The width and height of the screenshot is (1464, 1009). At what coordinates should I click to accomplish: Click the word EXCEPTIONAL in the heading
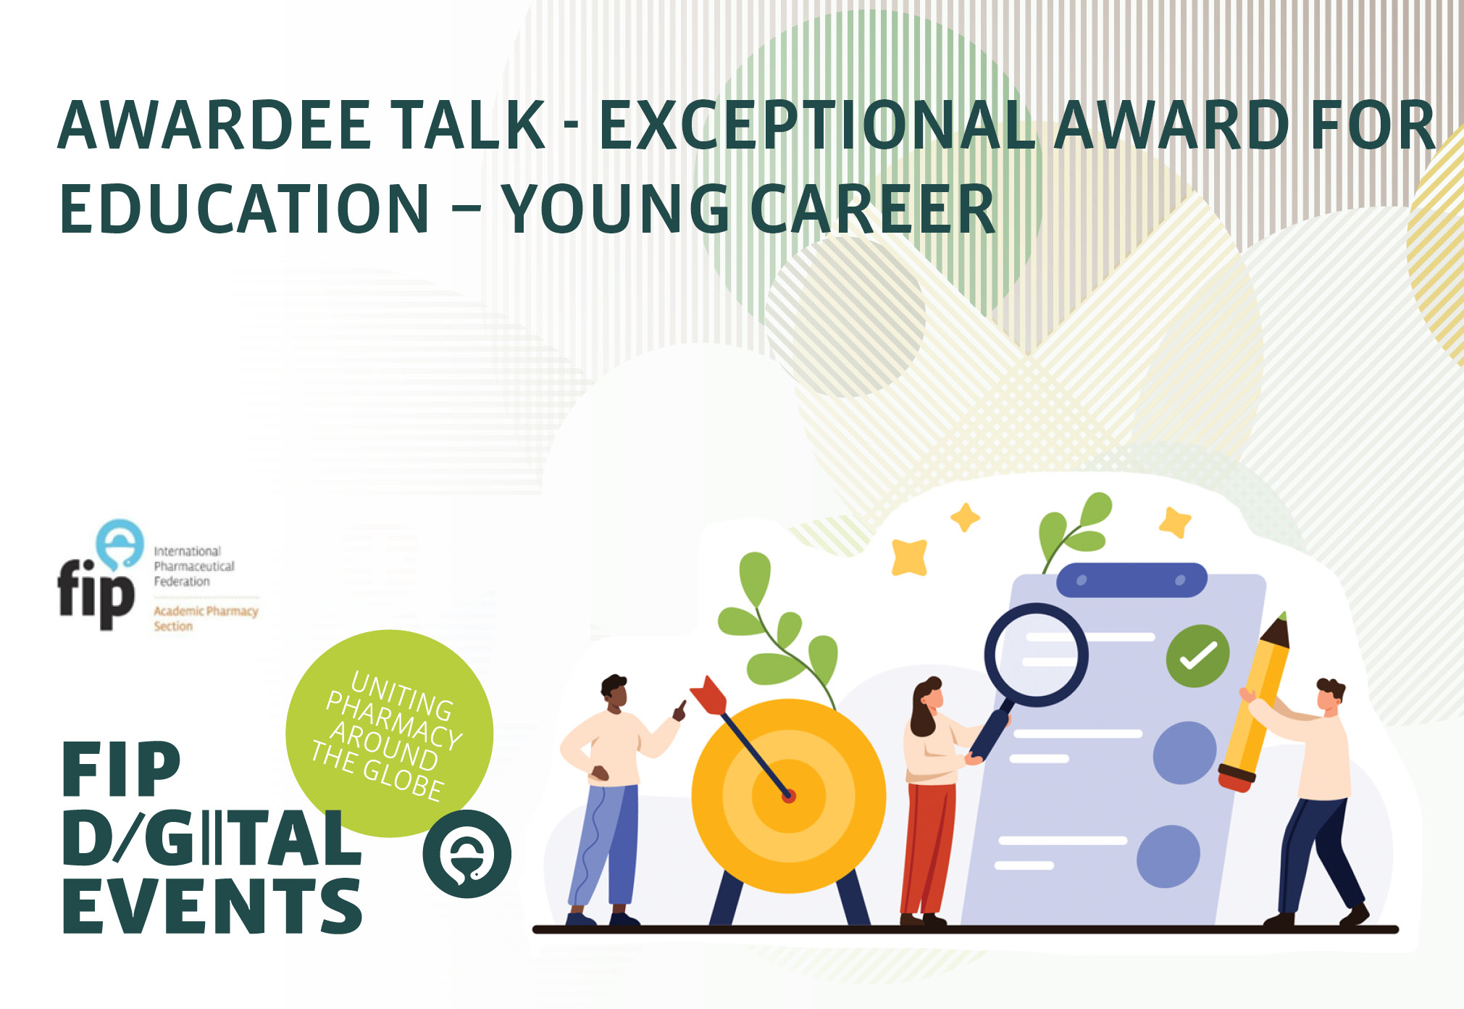[x=817, y=125]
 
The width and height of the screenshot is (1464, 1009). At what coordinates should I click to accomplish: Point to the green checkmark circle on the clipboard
[x=1197, y=656]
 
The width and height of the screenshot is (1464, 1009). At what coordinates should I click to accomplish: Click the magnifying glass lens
[x=1036, y=655]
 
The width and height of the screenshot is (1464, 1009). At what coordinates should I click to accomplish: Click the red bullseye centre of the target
[x=789, y=796]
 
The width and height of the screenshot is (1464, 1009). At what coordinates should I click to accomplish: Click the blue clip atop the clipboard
[x=1132, y=580]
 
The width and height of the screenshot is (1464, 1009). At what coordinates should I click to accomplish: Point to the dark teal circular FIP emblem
[x=467, y=854]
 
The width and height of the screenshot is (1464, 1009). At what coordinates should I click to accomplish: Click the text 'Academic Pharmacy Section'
[x=206, y=618]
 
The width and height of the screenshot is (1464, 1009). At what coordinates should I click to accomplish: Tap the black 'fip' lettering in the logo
[x=96, y=592]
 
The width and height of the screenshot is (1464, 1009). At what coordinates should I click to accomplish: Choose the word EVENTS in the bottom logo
[x=212, y=905]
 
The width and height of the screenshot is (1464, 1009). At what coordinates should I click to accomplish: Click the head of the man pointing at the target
[x=615, y=694]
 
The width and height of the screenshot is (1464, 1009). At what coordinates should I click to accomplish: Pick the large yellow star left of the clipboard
[x=910, y=557]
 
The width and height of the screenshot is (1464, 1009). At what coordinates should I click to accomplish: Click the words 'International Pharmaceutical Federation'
[x=194, y=566]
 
